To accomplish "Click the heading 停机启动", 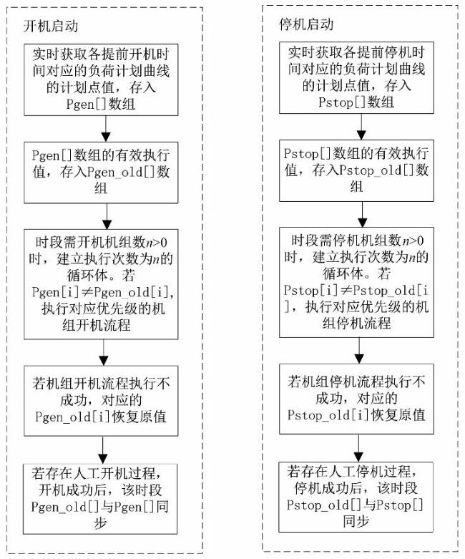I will (306, 24).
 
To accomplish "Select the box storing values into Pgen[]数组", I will (105, 78).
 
